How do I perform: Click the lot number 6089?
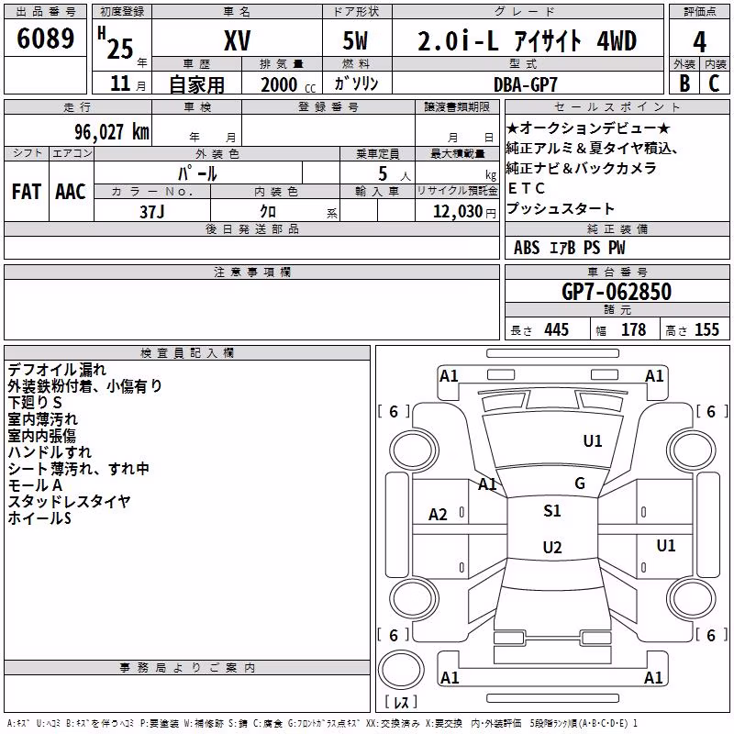(45, 38)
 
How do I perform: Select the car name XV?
(238, 40)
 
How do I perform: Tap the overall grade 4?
(699, 42)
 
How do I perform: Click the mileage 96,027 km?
(111, 132)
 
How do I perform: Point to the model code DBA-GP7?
(526, 84)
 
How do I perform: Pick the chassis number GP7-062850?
(617, 292)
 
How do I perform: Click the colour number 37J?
(151, 212)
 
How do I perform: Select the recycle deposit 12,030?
(458, 212)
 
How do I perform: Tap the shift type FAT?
(27, 192)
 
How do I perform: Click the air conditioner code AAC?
(71, 192)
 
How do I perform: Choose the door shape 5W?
(355, 40)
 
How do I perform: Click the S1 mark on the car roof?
(552, 511)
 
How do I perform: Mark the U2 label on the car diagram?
(552, 547)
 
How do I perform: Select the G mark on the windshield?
(580, 484)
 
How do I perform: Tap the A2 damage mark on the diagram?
(438, 515)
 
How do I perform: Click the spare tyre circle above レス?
(401, 670)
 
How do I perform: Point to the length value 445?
(557, 330)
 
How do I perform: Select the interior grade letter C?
(714, 83)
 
